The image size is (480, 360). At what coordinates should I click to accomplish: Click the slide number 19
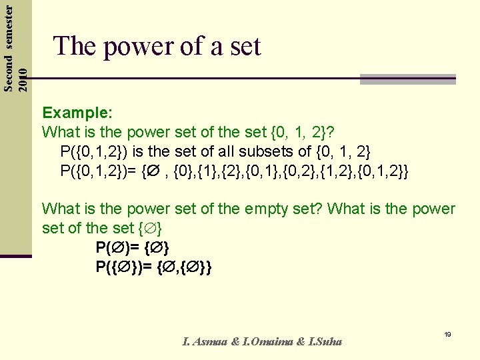click(448, 334)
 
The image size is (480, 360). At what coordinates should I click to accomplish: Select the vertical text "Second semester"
click(9, 46)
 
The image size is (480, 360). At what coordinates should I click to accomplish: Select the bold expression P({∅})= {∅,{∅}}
click(154, 268)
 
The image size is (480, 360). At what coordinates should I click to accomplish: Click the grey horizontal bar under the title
click(407, 79)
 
